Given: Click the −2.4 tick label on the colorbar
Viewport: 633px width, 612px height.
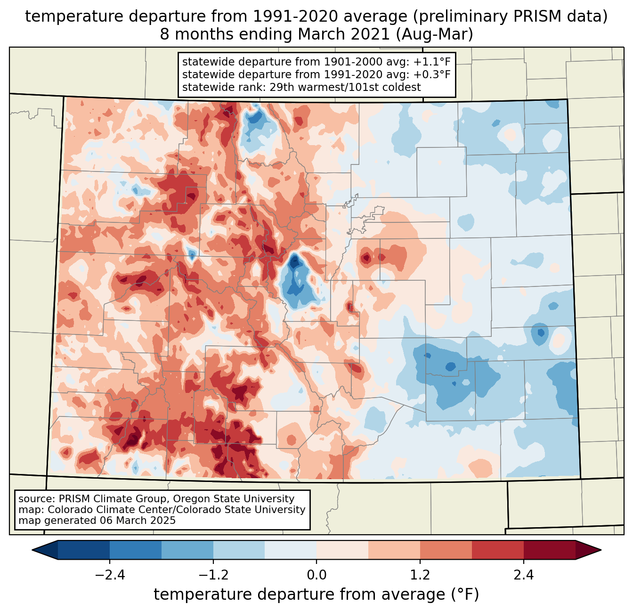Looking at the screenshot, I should click(x=110, y=575).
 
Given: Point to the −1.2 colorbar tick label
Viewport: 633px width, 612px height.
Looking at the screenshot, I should click(x=213, y=575).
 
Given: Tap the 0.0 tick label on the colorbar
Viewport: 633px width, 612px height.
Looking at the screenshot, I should click(x=316, y=575).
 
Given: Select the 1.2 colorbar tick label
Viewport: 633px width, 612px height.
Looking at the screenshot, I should click(x=420, y=575).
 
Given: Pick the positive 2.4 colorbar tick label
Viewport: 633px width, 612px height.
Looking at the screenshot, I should click(x=524, y=575).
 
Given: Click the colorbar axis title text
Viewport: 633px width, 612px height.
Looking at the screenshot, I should click(x=316, y=595).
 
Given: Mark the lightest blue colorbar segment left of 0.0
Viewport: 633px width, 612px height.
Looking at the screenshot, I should click(x=291, y=550).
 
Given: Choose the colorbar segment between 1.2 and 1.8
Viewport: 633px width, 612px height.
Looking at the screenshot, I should click(x=446, y=550).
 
